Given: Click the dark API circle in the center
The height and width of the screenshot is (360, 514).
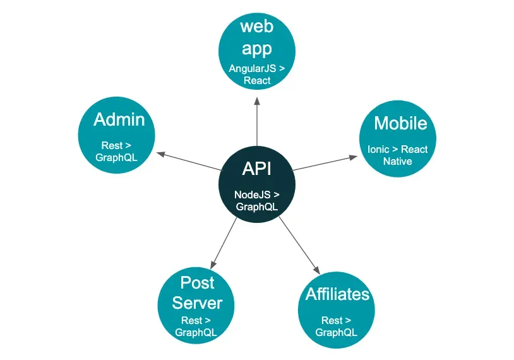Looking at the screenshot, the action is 257,184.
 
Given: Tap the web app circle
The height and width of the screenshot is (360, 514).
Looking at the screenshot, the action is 257,51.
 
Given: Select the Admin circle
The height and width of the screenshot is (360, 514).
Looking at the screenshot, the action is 116,135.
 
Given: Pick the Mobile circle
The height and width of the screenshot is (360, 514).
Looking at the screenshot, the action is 398,139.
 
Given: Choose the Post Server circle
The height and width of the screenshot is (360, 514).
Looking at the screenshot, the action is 196,306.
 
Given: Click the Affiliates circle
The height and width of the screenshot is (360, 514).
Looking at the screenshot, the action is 337,310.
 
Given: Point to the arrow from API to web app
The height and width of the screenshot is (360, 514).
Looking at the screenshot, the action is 257,122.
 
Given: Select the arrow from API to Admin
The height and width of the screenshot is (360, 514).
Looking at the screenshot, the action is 189,161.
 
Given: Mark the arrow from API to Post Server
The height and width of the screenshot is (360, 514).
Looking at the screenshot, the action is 224,243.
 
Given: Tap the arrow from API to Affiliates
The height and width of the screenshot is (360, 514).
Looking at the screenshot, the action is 299,245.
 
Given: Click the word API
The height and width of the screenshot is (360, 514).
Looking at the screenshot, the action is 256,169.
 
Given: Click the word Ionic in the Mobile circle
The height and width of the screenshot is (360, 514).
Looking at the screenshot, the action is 378,150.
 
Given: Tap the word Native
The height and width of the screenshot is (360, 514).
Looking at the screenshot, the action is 398,161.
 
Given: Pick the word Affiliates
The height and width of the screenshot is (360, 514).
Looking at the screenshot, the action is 337,294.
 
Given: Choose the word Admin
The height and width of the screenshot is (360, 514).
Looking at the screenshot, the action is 119,119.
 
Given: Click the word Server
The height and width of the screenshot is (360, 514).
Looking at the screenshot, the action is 198,303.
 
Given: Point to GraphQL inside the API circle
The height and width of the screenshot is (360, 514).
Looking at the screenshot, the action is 256,207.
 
